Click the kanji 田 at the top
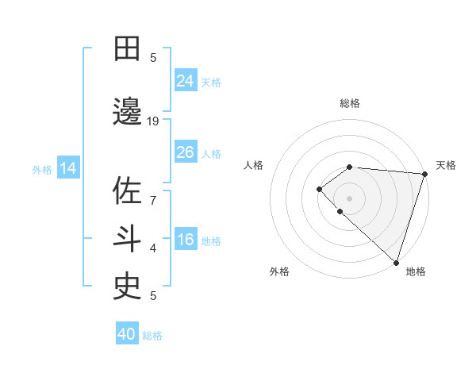click(128, 48)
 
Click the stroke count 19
click(153, 121)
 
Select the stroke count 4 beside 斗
click(153, 248)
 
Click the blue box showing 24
click(186, 81)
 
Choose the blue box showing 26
click(186, 152)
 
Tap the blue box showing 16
click(186, 240)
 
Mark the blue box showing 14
click(68, 168)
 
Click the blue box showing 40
click(127, 334)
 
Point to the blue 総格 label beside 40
click(153, 336)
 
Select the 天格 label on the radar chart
click(446, 165)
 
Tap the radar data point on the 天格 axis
click(424, 174)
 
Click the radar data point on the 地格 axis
click(396, 262)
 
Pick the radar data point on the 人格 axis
click(319, 188)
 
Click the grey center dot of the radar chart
click(349, 198)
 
